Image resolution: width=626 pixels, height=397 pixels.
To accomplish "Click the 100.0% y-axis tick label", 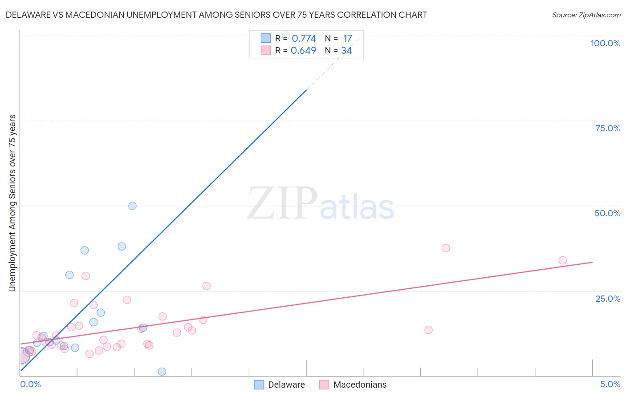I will click(605, 43).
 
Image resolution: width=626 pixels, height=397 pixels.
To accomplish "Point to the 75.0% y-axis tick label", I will click(608, 128).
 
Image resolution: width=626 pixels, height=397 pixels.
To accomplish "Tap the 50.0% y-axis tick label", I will click(607, 213).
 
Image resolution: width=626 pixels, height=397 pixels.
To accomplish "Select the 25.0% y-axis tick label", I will click(608, 299).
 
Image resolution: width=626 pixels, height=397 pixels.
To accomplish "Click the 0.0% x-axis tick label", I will click(30, 384).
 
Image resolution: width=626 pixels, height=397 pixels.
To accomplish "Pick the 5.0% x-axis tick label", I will click(610, 384).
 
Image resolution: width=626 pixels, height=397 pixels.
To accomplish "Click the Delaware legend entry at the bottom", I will click(280, 385).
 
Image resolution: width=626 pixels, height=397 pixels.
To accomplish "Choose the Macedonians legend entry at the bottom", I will click(353, 385).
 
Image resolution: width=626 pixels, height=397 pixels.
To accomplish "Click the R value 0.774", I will click(304, 38).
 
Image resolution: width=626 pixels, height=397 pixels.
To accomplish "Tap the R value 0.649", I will click(303, 50).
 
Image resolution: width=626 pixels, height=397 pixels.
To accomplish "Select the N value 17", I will click(347, 38).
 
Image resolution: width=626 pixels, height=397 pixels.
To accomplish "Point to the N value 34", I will click(346, 50).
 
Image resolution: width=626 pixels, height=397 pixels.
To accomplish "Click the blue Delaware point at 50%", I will click(132, 206).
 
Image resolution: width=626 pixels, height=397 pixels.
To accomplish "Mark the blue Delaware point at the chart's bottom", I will click(162, 372).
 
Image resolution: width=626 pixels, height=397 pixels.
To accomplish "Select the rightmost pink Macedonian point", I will click(562, 260).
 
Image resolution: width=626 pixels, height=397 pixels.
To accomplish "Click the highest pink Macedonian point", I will click(446, 248).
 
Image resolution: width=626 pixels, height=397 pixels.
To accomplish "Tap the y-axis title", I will click(12, 203).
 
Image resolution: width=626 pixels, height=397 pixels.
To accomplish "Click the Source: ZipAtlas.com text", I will click(586, 15).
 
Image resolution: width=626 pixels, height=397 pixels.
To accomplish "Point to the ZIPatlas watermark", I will click(321, 204).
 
